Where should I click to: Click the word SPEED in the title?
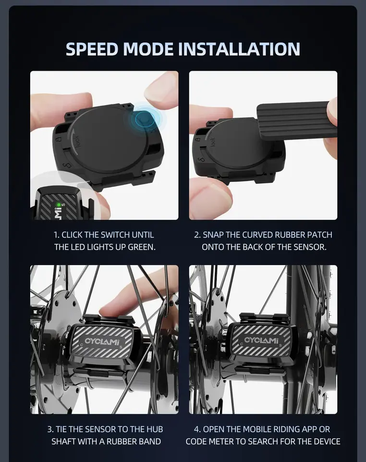click(x=92, y=49)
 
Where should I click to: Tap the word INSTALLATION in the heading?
click(x=239, y=49)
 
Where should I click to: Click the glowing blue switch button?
click(x=145, y=119)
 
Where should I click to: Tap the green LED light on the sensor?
click(x=59, y=205)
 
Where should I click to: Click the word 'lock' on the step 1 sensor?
click(x=76, y=141)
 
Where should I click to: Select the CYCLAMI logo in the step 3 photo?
click(x=102, y=342)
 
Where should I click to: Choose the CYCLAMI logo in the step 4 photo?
click(x=261, y=340)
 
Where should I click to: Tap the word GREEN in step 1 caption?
click(x=141, y=247)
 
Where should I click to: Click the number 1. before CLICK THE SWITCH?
click(x=57, y=235)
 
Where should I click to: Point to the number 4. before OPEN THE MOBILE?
click(x=197, y=429)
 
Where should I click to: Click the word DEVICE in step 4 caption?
click(x=327, y=441)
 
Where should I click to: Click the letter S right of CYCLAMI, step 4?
click(x=280, y=346)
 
